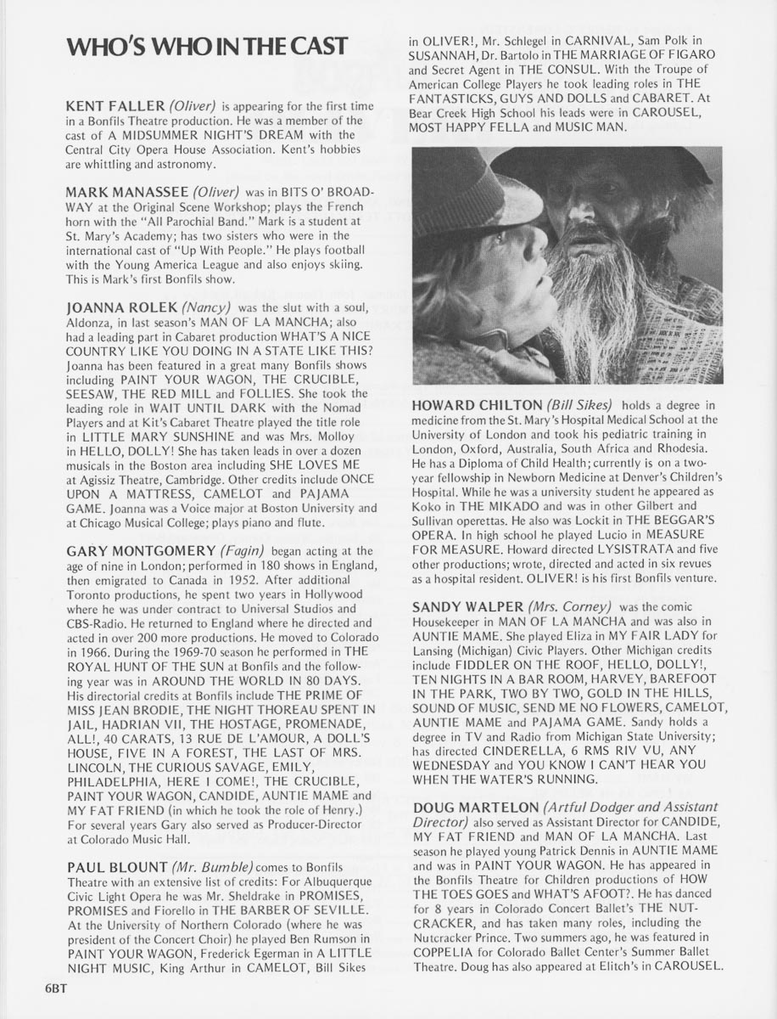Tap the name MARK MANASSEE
click(x=126, y=193)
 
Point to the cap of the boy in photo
click(x=475, y=191)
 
